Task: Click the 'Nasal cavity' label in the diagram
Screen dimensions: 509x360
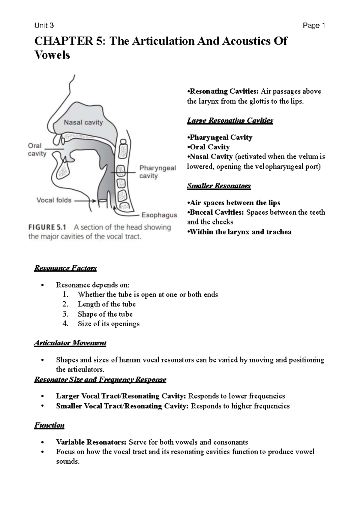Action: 83,122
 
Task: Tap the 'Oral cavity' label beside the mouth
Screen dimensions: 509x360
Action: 37,149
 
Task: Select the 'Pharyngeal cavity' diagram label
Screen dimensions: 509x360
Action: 157,172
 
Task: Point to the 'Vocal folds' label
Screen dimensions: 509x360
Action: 54,200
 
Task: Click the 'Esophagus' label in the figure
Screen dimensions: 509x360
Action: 159,215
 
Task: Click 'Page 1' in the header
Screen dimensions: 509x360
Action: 314,26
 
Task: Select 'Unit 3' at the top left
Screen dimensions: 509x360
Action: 44,26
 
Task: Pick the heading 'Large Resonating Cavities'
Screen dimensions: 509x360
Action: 230,120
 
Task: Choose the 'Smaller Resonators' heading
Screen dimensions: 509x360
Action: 219,186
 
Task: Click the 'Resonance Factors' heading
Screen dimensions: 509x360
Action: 65,268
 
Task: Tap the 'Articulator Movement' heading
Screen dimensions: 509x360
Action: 70,343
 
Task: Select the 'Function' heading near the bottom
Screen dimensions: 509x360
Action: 49,425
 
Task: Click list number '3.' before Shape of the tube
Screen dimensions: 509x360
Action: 65,314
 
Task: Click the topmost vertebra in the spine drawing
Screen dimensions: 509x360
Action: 123,149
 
